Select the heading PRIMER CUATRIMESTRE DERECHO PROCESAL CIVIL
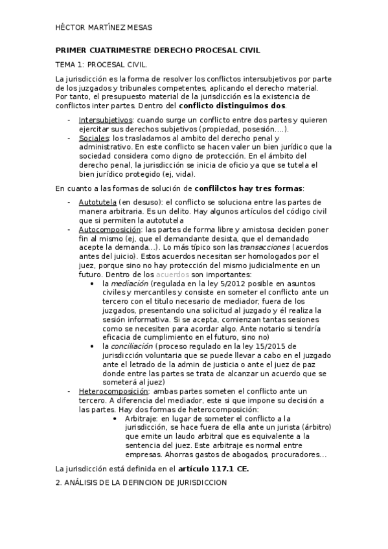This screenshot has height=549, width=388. point(157,50)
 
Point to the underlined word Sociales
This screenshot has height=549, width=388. point(94,138)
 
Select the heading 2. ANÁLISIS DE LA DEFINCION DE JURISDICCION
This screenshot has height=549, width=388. point(142,483)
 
